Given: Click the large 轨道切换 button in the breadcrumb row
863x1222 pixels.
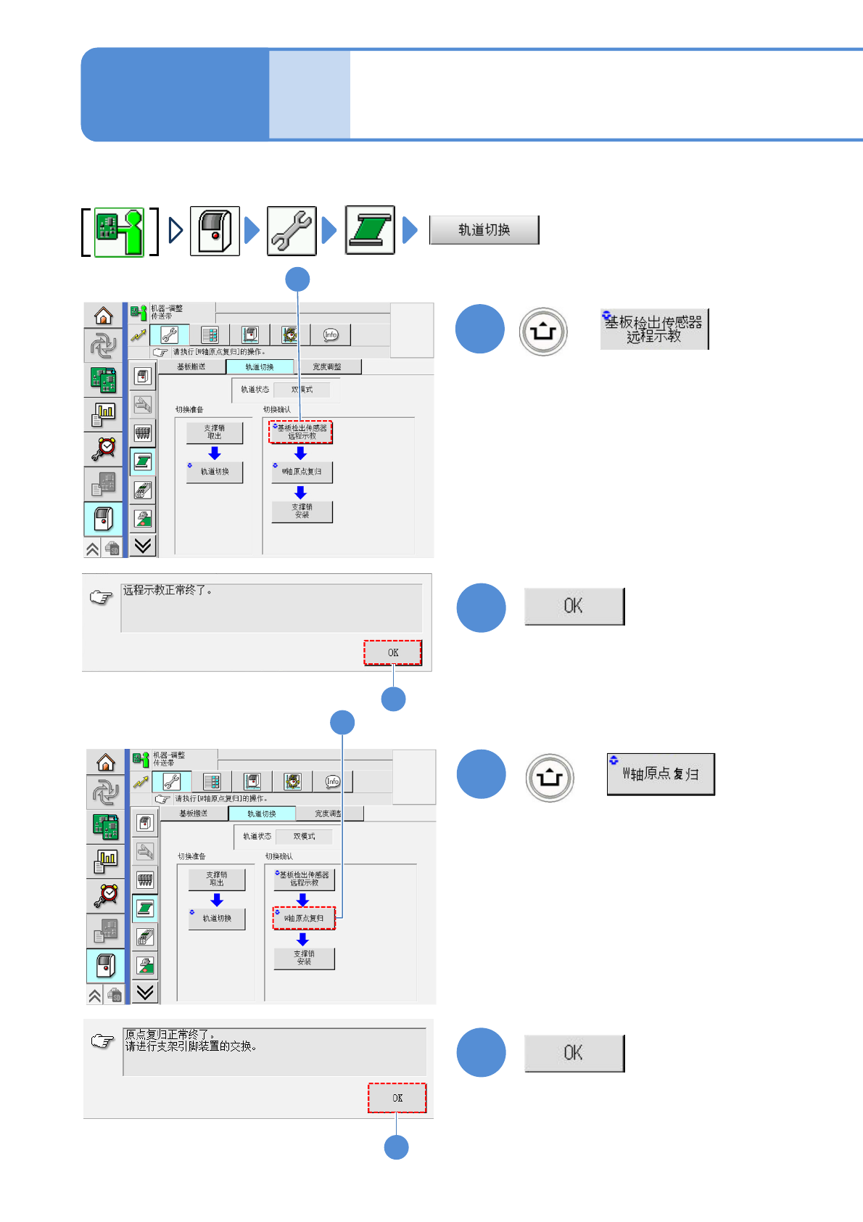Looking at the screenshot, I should click(484, 230).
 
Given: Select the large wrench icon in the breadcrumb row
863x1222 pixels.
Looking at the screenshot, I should click(292, 231).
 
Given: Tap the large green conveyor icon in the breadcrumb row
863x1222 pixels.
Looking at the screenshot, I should click(370, 230).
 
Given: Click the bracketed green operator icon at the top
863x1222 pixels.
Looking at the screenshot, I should click(120, 231).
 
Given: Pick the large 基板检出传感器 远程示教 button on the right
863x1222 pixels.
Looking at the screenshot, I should click(654, 329).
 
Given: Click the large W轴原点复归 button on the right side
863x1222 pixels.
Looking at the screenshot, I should click(661, 774).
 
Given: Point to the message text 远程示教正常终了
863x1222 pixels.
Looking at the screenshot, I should click(168, 591).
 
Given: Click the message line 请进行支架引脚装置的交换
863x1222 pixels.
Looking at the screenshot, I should click(191, 1046).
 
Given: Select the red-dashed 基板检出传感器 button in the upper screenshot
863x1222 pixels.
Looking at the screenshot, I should click(301, 432).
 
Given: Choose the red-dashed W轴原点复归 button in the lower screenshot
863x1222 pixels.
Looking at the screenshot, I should click(304, 918).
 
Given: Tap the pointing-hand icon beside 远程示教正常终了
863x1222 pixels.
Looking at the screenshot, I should click(101, 597).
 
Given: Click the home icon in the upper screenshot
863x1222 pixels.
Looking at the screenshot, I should click(104, 316).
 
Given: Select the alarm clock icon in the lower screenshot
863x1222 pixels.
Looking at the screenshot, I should click(106, 894).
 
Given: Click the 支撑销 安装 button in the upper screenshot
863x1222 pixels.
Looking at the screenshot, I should click(302, 512).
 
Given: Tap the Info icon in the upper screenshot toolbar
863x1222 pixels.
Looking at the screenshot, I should click(331, 335).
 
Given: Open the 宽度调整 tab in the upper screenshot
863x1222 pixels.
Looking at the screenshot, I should click(327, 367).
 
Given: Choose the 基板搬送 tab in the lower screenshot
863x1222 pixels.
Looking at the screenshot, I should click(194, 813).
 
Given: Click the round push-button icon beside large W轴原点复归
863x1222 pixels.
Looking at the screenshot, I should click(550, 777).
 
